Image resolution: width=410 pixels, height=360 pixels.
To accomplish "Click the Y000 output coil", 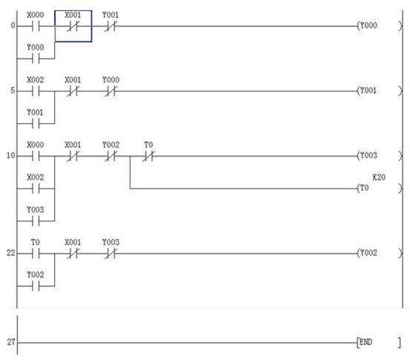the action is (x=380, y=26).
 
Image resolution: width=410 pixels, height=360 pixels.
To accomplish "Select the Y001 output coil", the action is (x=380, y=91).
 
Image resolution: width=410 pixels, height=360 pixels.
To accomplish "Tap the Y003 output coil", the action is (x=380, y=156).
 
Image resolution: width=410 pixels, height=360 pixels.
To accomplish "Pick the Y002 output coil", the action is (x=380, y=253).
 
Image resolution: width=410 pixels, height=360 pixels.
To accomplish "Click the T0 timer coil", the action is (x=380, y=189).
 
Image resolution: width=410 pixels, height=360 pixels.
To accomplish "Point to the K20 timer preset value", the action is (x=379, y=177).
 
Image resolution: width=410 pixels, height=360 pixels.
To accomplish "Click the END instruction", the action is (x=379, y=342).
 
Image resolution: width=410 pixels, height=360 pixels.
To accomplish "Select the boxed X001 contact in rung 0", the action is (x=73, y=26).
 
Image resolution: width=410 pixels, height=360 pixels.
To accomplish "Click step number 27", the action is (x=11, y=341).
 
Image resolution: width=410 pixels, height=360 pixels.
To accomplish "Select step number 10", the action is (x=11, y=156).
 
